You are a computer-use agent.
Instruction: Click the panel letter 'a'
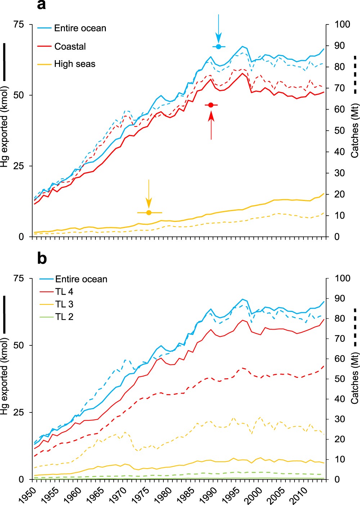pos(41,5)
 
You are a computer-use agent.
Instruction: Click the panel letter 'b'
pos(42,258)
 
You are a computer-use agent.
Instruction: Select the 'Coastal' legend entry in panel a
pos(70,46)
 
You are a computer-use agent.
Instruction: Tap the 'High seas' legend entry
pos(75,64)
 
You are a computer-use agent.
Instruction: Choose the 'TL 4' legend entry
pos(64,292)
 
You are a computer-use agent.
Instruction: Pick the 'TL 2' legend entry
pos(64,317)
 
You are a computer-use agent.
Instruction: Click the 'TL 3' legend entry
pos(64,304)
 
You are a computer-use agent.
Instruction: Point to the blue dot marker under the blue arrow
pos(219,47)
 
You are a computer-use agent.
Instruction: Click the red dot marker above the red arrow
pos(211,105)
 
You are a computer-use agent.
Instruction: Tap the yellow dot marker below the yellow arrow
pos(149,213)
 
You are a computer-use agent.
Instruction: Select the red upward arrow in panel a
pos(211,124)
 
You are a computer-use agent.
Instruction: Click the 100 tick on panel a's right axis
pos(342,24)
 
